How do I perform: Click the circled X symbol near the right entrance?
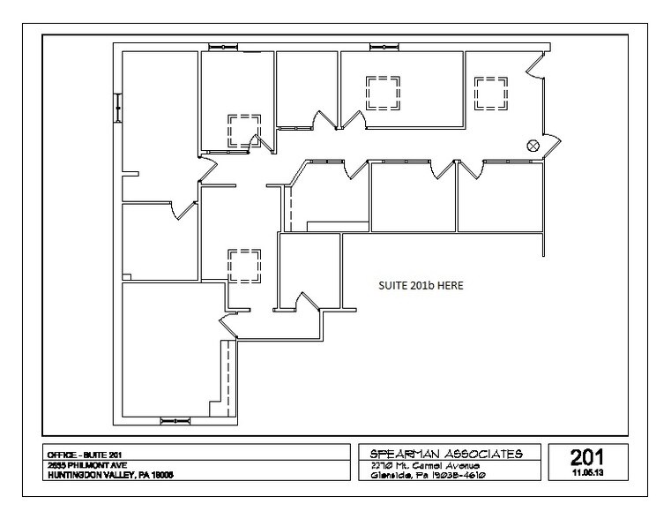tap(533, 146)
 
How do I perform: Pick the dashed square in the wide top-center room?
tap(383, 92)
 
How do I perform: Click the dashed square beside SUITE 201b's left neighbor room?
tap(243, 265)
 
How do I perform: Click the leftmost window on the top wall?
tap(226, 46)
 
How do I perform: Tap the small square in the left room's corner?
tap(127, 275)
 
